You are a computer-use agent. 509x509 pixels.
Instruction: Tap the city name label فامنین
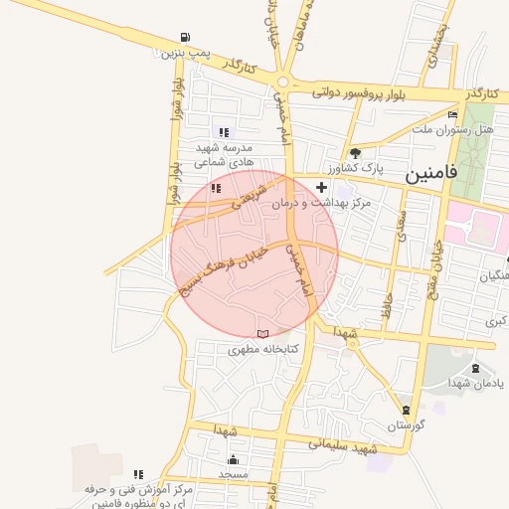tap(430, 173)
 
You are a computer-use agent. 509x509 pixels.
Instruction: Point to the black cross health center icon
tap(321, 187)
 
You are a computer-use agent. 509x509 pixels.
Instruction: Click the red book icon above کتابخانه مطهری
tap(262, 334)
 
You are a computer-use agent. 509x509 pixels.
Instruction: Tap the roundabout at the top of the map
tap(286, 83)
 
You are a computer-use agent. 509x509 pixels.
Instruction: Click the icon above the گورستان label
tap(406, 410)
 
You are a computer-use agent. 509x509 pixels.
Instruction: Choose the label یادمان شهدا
tap(467, 385)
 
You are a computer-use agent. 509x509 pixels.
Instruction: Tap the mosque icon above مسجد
tap(234, 459)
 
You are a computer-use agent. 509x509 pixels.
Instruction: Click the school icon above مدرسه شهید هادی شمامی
tap(224, 132)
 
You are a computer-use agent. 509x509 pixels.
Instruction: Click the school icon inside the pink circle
tap(216, 187)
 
